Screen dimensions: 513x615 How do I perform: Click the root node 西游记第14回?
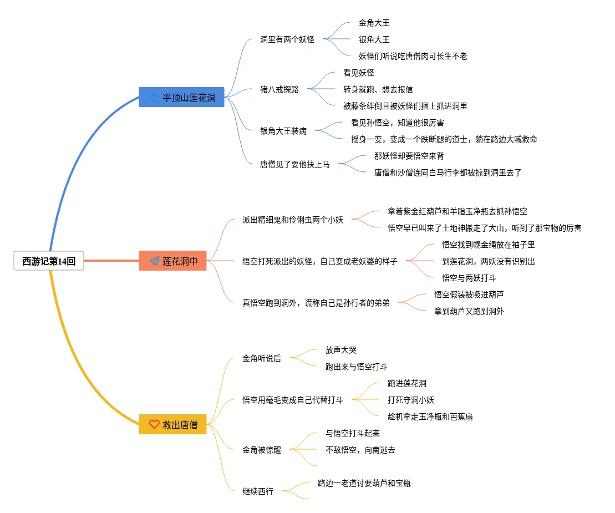pos(49,261)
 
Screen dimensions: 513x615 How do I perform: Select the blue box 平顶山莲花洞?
pos(181,98)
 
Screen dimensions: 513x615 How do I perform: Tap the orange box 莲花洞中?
pos(172,261)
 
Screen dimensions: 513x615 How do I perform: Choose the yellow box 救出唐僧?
pos(172,425)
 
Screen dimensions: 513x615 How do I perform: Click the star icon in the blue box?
pos(154,98)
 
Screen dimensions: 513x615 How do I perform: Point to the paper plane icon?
pos(154,261)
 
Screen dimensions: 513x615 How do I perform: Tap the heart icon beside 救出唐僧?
pos(154,424)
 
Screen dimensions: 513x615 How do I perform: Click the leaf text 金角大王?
pos(374,23)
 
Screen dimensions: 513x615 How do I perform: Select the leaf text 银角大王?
pos(374,39)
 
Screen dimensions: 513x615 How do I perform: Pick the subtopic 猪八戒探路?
pos(279,89)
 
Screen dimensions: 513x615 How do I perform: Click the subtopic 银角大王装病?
pos(283,131)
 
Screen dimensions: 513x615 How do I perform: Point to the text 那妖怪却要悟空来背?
pos(409,156)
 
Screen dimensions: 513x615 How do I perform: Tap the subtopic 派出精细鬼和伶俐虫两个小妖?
pos(293,220)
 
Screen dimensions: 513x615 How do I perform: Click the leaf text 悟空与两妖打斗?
pos(469,278)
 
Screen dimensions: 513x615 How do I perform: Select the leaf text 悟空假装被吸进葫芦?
pos(469,294)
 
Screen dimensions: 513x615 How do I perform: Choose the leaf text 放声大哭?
pos(341,350)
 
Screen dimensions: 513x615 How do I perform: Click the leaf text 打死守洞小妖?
pos(411,400)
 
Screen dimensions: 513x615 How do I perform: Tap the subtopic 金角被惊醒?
pos(262,450)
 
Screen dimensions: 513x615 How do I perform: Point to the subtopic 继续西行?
pos(258,491)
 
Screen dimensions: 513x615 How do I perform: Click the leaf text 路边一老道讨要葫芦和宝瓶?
pos(364,483)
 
